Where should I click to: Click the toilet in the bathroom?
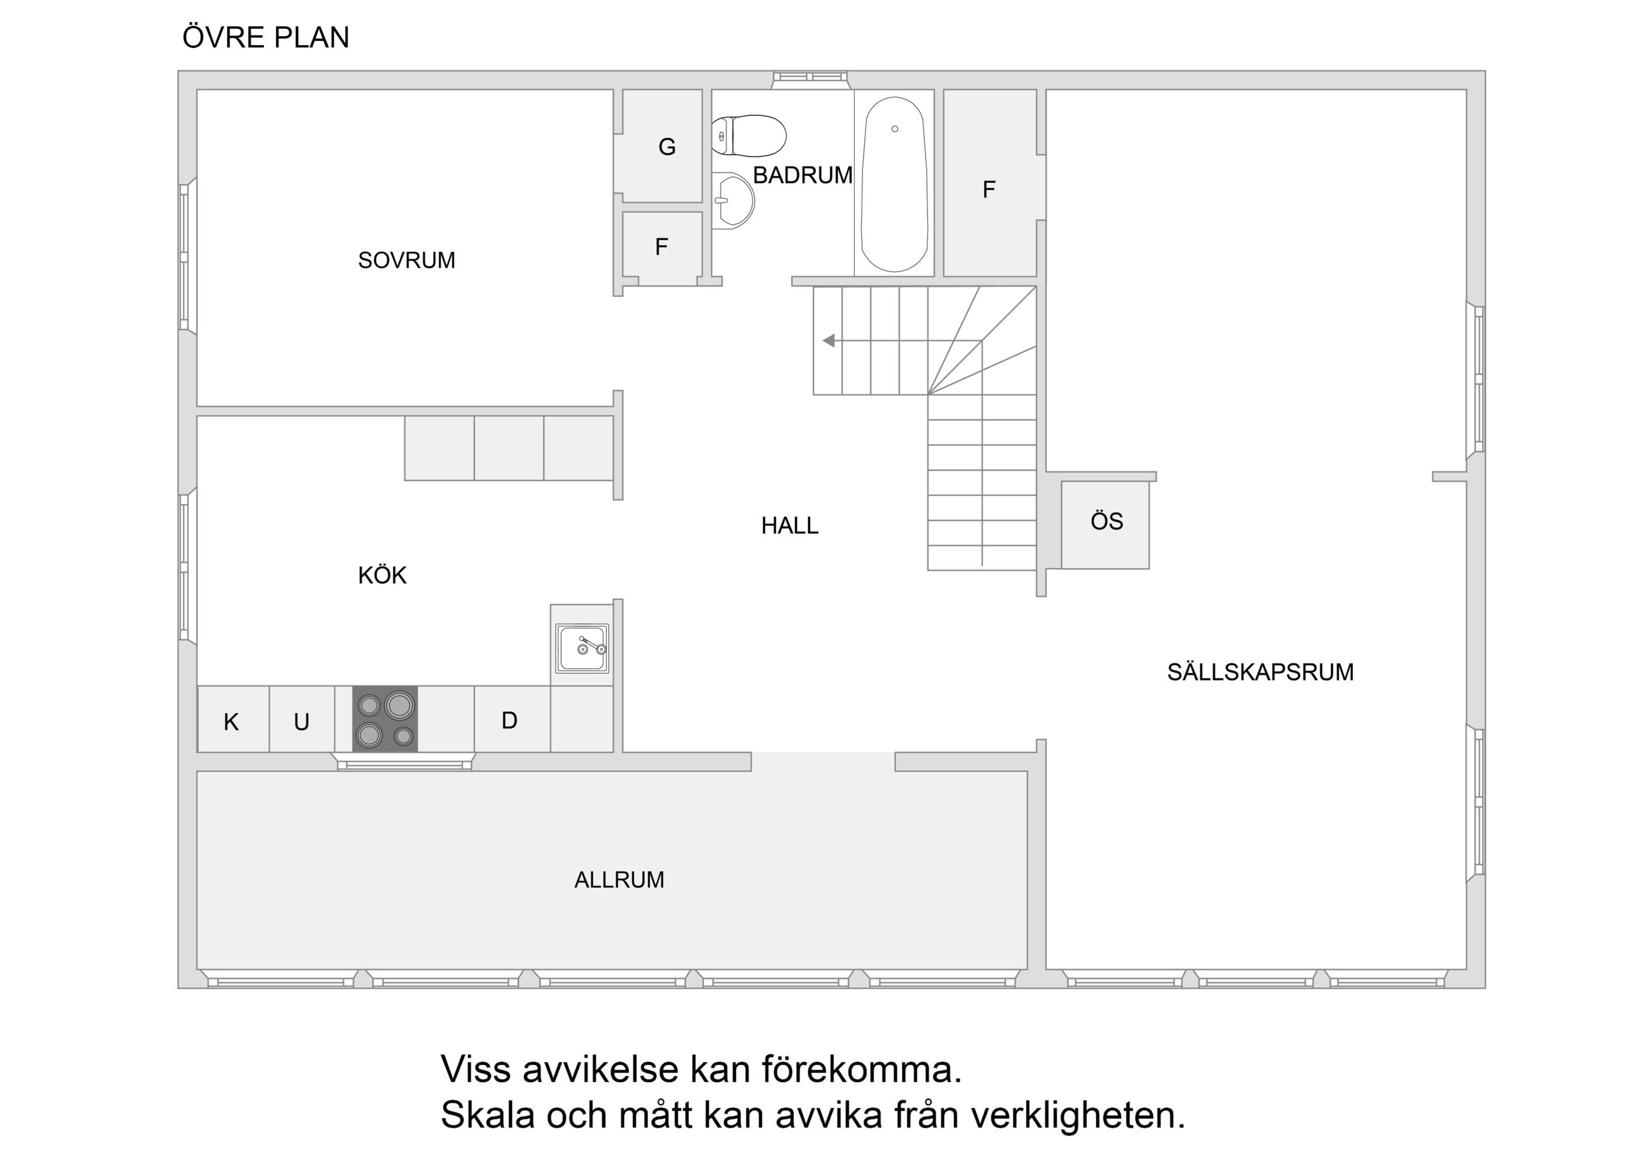pos(749,135)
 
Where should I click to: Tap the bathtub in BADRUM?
pos(894,184)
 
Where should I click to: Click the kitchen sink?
pos(582,648)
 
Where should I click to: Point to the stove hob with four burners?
pos(385,719)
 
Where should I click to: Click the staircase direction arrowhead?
pos(829,340)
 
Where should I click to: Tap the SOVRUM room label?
pos(407,260)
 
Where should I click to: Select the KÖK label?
pos(382,575)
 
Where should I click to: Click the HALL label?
pos(790,526)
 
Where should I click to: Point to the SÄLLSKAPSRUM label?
pos(1260,672)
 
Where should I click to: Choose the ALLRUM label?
pos(620,879)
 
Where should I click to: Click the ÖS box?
pos(1105,525)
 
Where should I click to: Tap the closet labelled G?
pos(662,146)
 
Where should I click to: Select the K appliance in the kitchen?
pos(233,719)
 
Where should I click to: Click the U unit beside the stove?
pos(302,719)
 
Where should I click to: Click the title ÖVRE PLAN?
pos(266,37)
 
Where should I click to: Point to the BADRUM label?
pos(803,175)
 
